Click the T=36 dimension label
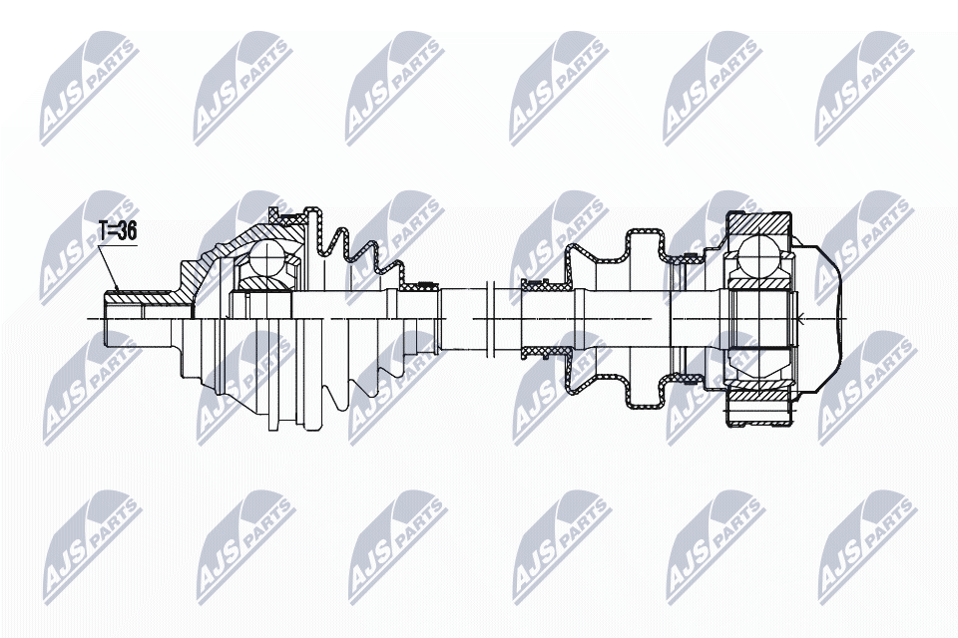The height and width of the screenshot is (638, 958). (x=118, y=231)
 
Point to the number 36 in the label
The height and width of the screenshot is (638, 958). (x=127, y=231)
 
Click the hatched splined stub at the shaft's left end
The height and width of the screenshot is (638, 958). (x=142, y=298)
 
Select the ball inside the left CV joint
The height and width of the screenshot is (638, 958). (x=267, y=256)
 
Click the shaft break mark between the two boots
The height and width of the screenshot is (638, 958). (x=489, y=318)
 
